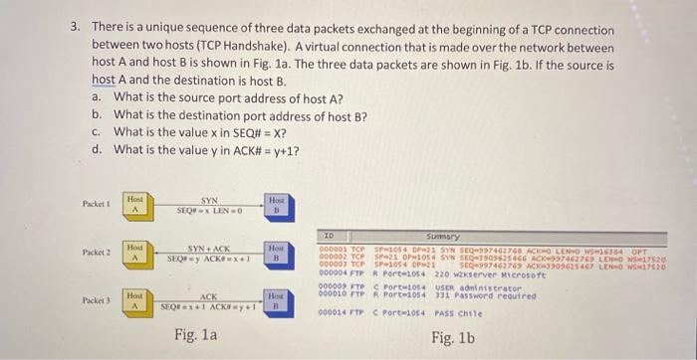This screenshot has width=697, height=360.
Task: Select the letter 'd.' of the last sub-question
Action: pyautogui.click(x=96, y=150)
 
